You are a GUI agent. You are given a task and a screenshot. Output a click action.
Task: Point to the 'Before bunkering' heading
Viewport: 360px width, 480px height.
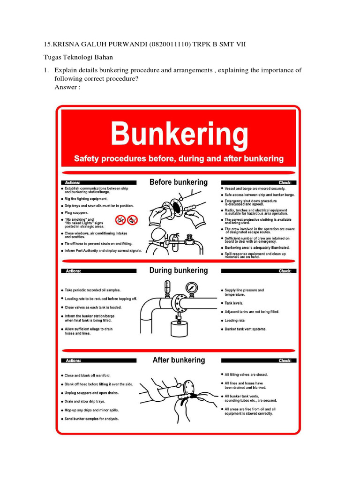click(178, 182)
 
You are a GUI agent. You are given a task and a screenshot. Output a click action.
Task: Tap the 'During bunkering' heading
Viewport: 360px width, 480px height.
click(178, 270)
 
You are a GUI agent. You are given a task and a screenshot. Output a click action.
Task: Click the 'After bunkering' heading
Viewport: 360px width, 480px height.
click(179, 360)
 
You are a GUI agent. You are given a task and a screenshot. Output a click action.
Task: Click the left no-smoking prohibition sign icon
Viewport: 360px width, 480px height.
click(120, 219)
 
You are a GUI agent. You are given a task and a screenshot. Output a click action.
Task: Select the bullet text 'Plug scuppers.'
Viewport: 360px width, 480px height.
click(76, 212)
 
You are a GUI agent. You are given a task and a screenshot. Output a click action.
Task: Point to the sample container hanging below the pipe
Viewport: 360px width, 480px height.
click(178, 327)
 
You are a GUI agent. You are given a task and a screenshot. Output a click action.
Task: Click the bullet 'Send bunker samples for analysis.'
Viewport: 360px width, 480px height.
click(91, 419)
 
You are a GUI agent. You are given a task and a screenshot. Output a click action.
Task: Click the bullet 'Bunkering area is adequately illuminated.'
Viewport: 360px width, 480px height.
click(257, 247)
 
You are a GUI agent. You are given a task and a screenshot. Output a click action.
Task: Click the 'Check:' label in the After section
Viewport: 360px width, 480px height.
click(285, 360)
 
